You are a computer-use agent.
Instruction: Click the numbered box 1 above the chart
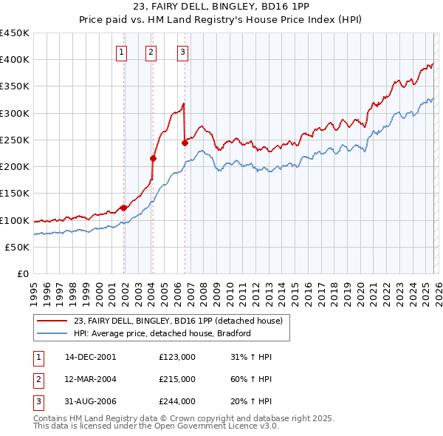coord(120,52)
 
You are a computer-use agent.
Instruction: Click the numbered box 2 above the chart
coord(151,52)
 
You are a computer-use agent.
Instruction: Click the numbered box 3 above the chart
coord(182,52)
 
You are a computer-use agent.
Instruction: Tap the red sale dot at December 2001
coord(123,208)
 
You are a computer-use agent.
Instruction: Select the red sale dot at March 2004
coord(153,158)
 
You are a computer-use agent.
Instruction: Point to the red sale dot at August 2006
coord(185,143)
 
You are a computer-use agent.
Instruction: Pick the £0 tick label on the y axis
coord(22,273)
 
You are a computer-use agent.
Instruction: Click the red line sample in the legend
coord(53,321)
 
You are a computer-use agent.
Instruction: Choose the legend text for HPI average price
coord(162,333)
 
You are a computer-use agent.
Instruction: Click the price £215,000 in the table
coord(177,379)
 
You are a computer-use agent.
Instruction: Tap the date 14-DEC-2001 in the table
coord(90,357)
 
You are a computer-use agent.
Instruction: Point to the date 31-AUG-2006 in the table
coord(90,401)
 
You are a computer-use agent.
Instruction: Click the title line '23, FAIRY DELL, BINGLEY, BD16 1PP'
coord(221,7)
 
